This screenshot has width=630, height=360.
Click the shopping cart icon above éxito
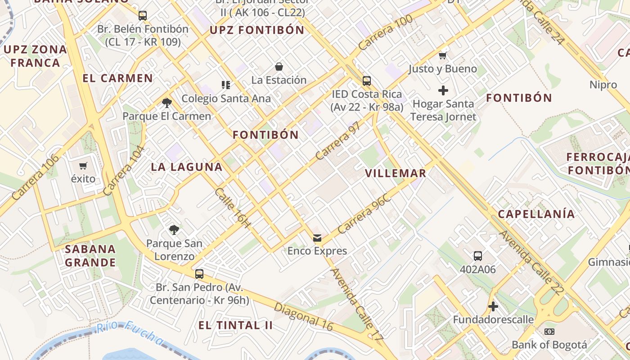83,166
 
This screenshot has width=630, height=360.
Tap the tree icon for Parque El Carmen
167,103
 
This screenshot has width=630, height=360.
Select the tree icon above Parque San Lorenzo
174,230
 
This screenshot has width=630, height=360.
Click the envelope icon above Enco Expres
317,238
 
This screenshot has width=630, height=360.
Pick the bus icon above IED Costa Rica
367,81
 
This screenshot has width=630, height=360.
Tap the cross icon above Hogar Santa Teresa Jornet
443,90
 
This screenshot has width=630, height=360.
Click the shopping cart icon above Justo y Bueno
443,56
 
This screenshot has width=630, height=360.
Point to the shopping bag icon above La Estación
279,67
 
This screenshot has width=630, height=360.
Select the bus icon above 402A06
478,256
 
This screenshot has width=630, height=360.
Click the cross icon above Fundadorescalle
493,306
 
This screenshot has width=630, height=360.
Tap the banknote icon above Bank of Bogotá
549,332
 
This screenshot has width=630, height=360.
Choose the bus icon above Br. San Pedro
199,274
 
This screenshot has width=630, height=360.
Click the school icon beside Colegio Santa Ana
226,85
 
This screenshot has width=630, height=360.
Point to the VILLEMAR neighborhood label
396,173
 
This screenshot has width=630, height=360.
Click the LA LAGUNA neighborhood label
187,167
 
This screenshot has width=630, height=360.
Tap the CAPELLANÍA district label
536,214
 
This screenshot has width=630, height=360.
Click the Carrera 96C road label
364,214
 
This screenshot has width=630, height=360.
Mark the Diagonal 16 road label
303,316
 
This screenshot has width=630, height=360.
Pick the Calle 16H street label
232,207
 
